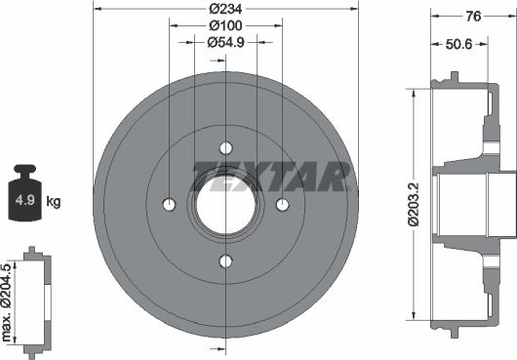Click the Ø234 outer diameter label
[x=225, y=9]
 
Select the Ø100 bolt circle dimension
[x=225, y=25]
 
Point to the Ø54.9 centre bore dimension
[x=225, y=42]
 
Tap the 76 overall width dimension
[x=473, y=16]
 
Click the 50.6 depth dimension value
[x=459, y=44]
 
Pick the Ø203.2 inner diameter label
[x=414, y=205]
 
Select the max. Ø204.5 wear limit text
[x=7, y=302]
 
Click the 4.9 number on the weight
[x=25, y=200]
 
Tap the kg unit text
[x=54, y=201]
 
